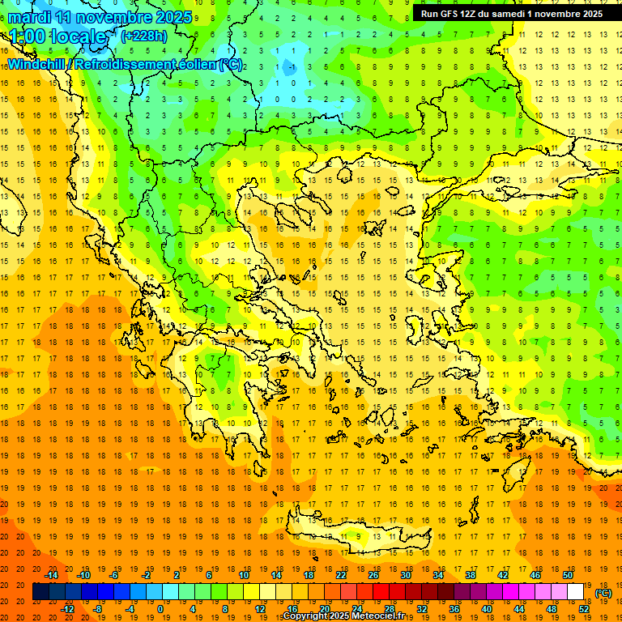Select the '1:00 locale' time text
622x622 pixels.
click(x=57, y=36)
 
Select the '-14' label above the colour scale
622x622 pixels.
click(x=52, y=575)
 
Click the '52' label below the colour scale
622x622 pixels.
click(x=584, y=609)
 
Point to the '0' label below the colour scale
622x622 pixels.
click(x=160, y=609)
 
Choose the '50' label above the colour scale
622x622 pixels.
click(x=568, y=575)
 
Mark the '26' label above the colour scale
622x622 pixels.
click(x=373, y=575)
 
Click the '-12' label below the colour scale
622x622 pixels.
click(x=68, y=609)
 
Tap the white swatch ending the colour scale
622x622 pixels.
click(x=576, y=592)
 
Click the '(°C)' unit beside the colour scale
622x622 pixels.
click(x=603, y=593)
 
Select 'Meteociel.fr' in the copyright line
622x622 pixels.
click(x=378, y=616)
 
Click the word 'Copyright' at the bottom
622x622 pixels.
click(x=306, y=616)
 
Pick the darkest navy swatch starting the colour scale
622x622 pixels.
click(x=40, y=592)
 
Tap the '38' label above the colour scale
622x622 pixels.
click(x=471, y=575)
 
